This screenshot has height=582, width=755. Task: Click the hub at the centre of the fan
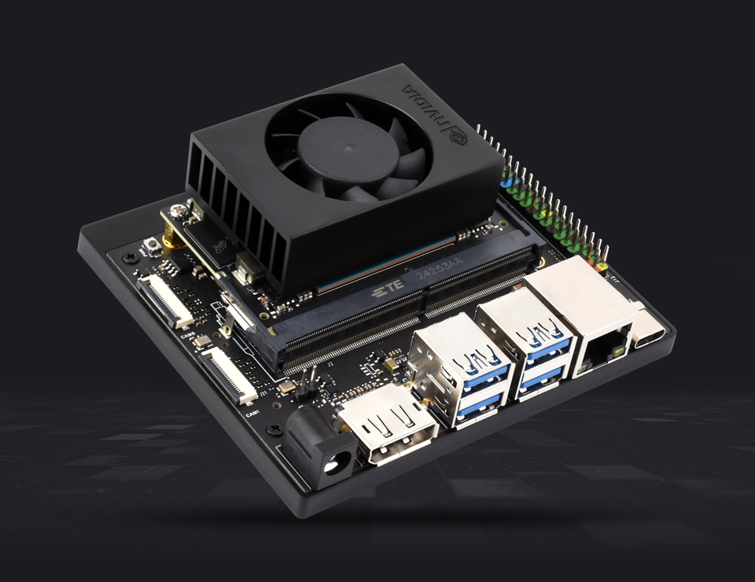pyautogui.click(x=345, y=149)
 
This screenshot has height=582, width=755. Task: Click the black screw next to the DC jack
pyautogui.click(x=274, y=429)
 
